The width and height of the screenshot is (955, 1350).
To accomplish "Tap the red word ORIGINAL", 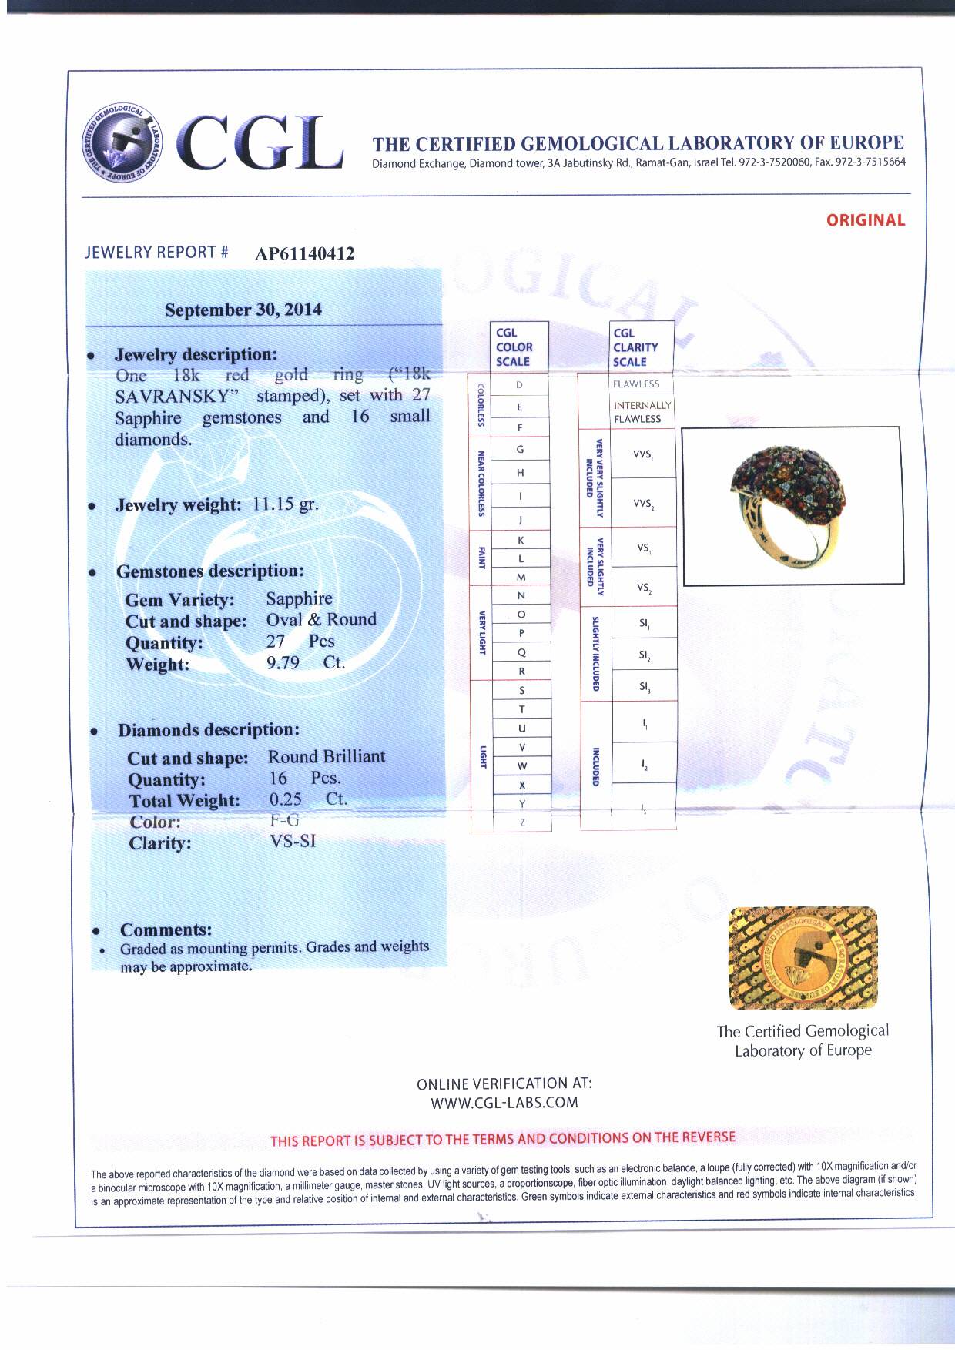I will pyautogui.click(x=865, y=220).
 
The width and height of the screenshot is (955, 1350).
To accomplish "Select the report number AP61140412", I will pyautogui.click(x=304, y=254).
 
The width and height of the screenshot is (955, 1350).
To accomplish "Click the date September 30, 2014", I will pyautogui.click(x=243, y=310).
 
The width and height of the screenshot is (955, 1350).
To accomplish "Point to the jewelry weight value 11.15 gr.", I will pyautogui.click(x=285, y=504).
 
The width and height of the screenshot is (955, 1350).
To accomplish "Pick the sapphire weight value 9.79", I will pyautogui.click(x=283, y=662).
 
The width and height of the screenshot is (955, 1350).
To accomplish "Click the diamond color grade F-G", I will pyautogui.click(x=284, y=820).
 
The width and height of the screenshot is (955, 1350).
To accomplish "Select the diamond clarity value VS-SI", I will pyautogui.click(x=293, y=841).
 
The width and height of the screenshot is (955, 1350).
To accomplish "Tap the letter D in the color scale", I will pyautogui.click(x=520, y=385).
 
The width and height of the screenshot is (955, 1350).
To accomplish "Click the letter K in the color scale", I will pyautogui.click(x=521, y=540).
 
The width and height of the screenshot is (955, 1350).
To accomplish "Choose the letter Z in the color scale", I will pyautogui.click(x=522, y=822).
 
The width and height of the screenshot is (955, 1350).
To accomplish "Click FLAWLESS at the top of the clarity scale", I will pyautogui.click(x=636, y=384).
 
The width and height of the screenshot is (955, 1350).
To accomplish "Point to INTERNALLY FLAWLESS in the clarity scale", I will pyautogui.click(x=642, y=412).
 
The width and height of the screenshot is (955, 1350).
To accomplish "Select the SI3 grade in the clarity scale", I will pyautogui.click(x=644, y=685).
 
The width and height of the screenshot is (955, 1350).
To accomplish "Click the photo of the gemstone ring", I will pyautogui.click(x=792, y=505).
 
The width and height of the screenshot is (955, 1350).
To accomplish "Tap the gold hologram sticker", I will pyautogui.click(x=803, y=957).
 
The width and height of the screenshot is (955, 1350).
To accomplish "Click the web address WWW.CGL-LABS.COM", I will pyautogui.click(x=504, y=1102).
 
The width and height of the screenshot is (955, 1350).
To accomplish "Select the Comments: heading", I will pyautogui.click(x=166, y=930).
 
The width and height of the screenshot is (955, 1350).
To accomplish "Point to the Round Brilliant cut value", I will pyautogui.click(x=327, y=756).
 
